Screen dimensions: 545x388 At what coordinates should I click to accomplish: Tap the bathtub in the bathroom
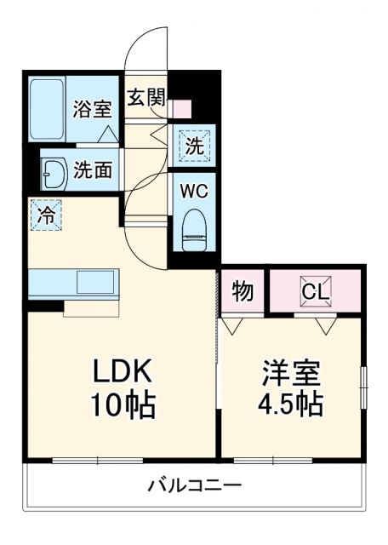[48, 109]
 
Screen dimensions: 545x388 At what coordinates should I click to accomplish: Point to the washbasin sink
[54, 172]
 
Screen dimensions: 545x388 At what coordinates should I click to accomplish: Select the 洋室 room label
[292, 372]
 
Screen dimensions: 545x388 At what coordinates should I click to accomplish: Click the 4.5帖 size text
[292, 404]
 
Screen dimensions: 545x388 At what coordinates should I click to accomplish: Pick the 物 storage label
[242, 292]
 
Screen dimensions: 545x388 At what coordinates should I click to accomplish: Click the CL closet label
[314, 292]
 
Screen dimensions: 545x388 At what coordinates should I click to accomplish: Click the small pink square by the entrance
[182, 109]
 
